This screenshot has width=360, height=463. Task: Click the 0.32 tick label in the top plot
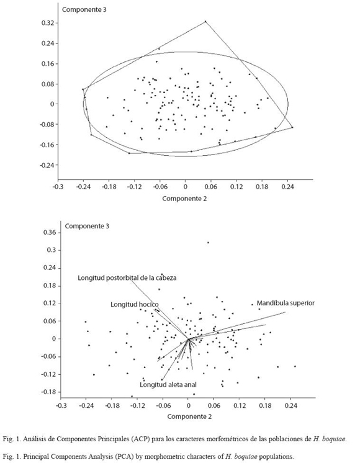tap(48, 23)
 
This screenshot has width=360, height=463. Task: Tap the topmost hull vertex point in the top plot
tap(205, 21)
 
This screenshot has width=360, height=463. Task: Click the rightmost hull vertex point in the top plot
tap(292, 127)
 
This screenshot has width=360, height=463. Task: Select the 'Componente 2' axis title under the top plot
tap(184, 199)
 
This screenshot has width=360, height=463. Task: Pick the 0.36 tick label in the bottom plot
tap(50, 232)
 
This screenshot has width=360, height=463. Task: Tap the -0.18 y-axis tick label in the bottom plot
tap(48, 392)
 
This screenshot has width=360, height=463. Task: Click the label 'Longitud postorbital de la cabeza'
tap(127, 278)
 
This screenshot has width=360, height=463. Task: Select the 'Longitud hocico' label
tap(134, 305)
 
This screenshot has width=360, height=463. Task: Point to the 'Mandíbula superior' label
tap(286, 303)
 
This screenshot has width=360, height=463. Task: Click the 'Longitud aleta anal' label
tap(168, 385)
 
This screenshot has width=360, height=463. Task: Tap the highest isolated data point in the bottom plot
tap(208, 243)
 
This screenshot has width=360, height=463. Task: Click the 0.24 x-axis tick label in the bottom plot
tap(291, 406)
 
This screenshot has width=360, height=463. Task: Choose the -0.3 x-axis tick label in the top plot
tap(58, 187)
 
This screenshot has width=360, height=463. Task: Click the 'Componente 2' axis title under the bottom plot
tap(189, 416)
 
